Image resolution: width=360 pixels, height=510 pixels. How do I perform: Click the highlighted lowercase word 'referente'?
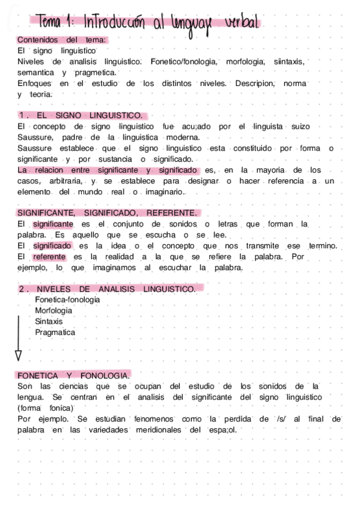49,257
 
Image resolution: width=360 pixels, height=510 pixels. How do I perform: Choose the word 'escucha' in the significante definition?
143,235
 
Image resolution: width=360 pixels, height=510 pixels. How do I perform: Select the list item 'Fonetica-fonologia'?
67,300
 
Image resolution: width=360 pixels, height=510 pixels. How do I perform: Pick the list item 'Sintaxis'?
49,321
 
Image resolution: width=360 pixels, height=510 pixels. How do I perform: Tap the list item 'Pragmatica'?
55,332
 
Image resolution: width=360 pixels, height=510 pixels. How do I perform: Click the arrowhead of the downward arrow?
18,354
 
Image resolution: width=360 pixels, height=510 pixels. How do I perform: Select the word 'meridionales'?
154,429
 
